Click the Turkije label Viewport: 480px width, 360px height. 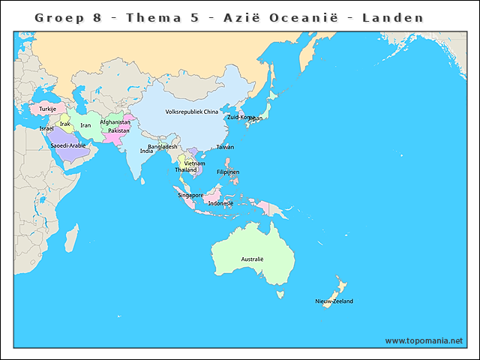pyautogui.click(x=48, y=109)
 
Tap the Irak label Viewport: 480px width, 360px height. pyautogui.click(x=65, y=124)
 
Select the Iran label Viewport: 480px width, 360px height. pyautogui.click(x=85, y=125)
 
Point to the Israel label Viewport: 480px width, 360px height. pyautogui.click(x=46, y=128)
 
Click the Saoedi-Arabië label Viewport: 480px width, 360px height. pyautogui.click(x=68, y=145)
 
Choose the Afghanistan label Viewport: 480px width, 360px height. pyautogui.click(x=115, y=122)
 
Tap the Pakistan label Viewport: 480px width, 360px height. pyautogui.click(x=118, y=130)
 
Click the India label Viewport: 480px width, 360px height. pyautogui.click(x=146, y=151)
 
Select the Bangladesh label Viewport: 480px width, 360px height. pyautogui.click(x=163, y=147)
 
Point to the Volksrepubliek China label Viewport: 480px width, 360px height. pyautogui.click(x=191, y=112)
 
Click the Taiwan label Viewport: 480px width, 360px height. pyautogui.click(x=225, y=147)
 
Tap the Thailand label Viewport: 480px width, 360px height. pyautogui.click(x=186, y=170)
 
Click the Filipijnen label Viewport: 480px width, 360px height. pyautogui.click(x=227, y=172)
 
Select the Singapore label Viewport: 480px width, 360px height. pyautogui.click(x=190, y=195)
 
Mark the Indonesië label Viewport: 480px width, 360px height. pyautogui.click(x=220, y=203)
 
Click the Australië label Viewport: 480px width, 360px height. pyautogui.click(x=252, y=259)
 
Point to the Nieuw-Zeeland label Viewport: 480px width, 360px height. pyautogui.click(x=334, y=301)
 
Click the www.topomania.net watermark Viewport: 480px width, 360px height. pyautogui.click(x=424, y=341)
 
